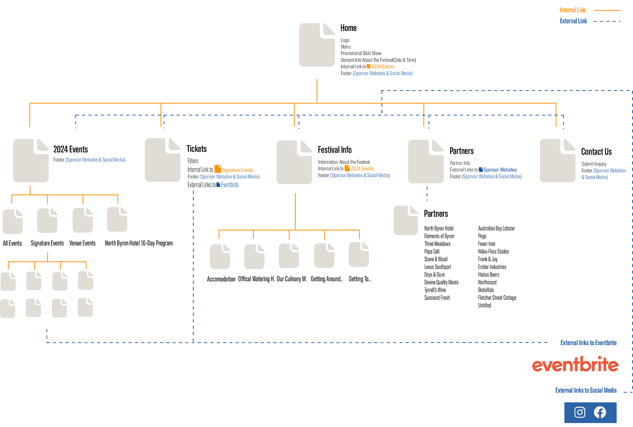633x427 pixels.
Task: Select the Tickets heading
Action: [x=197, y=149]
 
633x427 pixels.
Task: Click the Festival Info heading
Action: [x=334, y=150]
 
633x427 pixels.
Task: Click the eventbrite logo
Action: [x=575, y=365]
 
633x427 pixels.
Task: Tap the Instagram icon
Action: [x=579, y=412]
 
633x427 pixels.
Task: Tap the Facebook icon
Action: [x=600, y=412]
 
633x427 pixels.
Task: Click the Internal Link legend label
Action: [x=573, y=10]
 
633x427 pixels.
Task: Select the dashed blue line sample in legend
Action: [x=607, y=21]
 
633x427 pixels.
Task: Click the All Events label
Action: [x=12, y=243]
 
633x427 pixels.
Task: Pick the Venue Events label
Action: [x=82, y=243]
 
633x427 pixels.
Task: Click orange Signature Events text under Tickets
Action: [x=237, y=170]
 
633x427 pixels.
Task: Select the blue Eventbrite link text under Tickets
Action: [x=230, y=185]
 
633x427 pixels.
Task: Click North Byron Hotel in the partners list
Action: [x=439, y=228]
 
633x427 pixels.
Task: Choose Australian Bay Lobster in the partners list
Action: [x=496, y=228]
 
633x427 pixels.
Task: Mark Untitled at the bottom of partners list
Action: [x=484, y=306]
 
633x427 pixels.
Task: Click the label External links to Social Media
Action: [x=586, y=390]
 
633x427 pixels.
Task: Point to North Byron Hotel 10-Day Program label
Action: [x=139, y=243]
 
